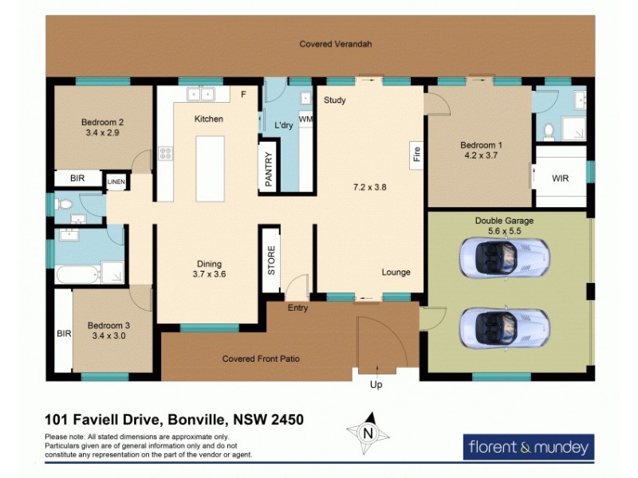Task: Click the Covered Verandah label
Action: point(336,45)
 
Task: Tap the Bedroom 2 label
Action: point(102,123)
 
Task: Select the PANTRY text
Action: point(269,170)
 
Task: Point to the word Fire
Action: point(415,154)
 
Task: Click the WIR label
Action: point(560,178)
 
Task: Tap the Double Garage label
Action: point(504,221)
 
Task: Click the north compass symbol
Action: point(368,433)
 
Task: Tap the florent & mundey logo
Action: point(528,447)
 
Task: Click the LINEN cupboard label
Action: point(116,182)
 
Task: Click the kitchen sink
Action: point(201,95)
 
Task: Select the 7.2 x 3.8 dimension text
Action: point(370,188)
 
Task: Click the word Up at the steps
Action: point(377,385)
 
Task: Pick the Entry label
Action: point(297,308)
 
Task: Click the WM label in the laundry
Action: point(305,119)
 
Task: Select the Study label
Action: point(334,100)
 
